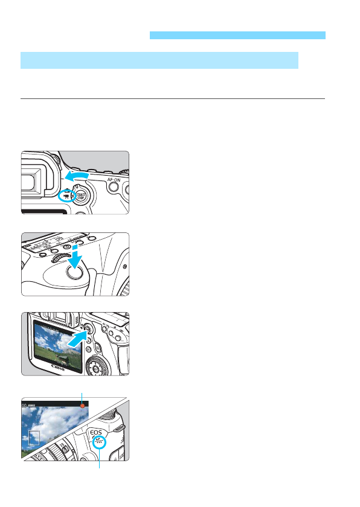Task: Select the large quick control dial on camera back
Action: pos(95,365)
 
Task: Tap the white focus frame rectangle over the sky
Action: pos(34,438)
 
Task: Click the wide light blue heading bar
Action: pos(159,60)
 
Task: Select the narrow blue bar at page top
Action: pos(237,36)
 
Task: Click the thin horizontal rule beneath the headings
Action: pos(173,99)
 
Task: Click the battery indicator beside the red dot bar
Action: pos(31,407)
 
